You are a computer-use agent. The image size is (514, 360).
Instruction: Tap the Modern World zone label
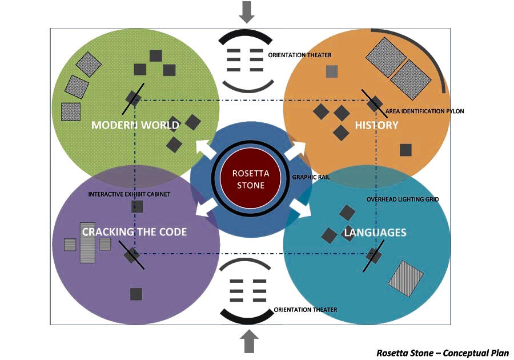coord(135,125)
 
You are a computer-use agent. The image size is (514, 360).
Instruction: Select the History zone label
coord(376,125)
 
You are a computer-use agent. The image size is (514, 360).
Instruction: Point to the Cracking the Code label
coord(134,232)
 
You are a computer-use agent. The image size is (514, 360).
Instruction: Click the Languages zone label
coord(375,233)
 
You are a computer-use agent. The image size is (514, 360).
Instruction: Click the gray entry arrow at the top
coord(247,11)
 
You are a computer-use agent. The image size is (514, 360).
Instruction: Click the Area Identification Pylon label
coord(425,111)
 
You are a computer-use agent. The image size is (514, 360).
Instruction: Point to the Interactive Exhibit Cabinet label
coord(129,194)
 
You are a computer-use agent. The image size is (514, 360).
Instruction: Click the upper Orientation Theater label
coord(300,55)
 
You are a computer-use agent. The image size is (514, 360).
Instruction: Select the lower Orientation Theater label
coord(306,310)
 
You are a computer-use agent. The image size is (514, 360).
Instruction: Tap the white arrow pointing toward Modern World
coord(204,150)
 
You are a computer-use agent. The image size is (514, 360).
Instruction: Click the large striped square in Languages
coord(406,279)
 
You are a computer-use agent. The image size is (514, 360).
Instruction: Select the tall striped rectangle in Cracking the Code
coord(87,242)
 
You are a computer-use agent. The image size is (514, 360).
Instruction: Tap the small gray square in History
coord(332,71)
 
